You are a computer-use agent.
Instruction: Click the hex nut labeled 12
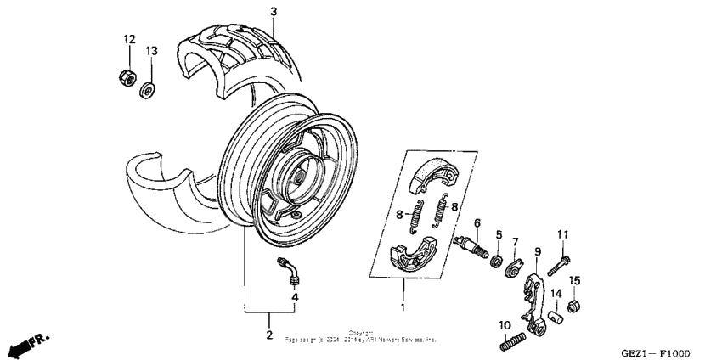point(124,76)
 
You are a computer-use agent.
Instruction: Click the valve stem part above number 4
point(289,270)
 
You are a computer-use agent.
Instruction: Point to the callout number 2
point(268,335)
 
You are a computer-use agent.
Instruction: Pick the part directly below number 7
point(515,269)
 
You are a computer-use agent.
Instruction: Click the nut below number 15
point(574,305)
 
